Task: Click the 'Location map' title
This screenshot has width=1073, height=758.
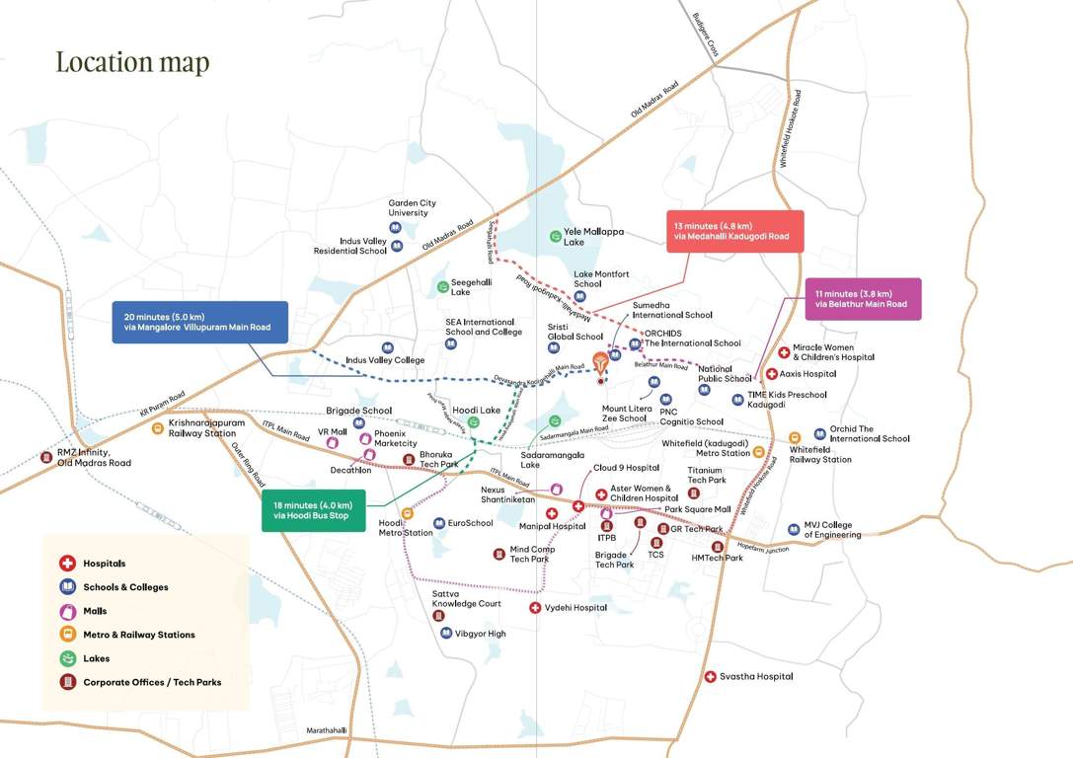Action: [x=132, y=62]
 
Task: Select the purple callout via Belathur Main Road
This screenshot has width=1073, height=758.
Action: [x=862, y=298]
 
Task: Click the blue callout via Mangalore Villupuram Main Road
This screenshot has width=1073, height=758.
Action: [x=199, y=322]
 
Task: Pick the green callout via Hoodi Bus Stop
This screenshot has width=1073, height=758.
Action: [x=313, y=509]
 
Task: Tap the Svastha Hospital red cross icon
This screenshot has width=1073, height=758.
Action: [x=710, y=676]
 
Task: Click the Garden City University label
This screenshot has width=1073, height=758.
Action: [x=412, y=207]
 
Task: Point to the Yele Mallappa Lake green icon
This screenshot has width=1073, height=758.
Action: [x=555, y=236]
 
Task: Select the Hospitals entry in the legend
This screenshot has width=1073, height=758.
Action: [x=104, y=564]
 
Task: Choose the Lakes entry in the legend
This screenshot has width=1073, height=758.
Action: [x=96, y=658]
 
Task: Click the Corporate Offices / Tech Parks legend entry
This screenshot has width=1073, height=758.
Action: [x=151, y=682]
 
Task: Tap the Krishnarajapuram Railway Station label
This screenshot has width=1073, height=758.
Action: [x=206, y=427]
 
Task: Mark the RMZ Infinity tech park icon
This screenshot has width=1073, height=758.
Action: [x=45, y=456]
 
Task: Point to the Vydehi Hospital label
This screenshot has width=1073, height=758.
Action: [x=575, y=608]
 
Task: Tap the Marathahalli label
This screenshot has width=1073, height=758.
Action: [x=326, y=729]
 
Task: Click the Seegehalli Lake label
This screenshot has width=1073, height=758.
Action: [x=474, y=286]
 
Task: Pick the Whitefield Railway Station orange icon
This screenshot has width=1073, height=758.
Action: [x=793, y=438]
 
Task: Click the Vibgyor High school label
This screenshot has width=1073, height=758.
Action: [x=480, y=633]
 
